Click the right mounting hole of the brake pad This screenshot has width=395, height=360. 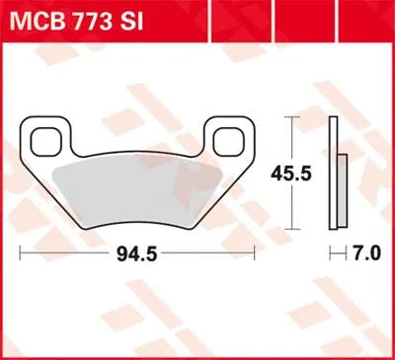[231, 141]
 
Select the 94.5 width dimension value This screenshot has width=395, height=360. [138, 254]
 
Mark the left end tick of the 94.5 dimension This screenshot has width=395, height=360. [21, 254]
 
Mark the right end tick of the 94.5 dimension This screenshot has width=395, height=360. [257, 254]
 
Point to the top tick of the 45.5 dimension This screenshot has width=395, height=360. [289, 116]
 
